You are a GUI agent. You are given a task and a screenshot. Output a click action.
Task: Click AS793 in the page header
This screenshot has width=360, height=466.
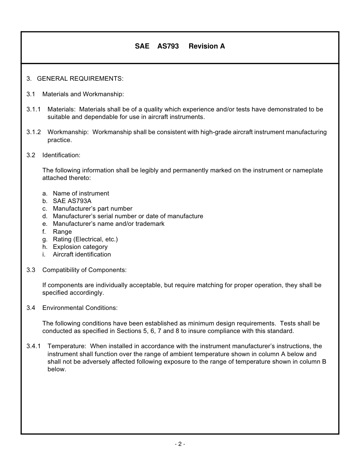tap(168, 46)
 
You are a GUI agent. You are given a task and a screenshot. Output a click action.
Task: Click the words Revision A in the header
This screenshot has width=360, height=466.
tap(207, 46)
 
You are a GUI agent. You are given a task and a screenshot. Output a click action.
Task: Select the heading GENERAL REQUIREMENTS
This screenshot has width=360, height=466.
tap(80, 79)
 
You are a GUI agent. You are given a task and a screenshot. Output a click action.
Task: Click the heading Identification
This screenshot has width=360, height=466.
tap(61, 155)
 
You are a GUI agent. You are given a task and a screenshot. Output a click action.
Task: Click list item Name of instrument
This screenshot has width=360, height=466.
tap(81, 194)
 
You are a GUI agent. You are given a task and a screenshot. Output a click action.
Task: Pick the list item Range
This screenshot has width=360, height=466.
tap(62, 232)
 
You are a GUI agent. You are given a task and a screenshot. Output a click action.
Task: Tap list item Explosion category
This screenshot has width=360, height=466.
tap(80, 247)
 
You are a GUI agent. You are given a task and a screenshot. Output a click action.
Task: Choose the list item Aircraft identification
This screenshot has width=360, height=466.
tap(82, 255)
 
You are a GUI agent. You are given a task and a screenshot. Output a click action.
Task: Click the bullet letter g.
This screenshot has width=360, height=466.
tap(45, 239)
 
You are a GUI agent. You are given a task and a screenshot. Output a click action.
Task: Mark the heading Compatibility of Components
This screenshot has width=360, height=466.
tap(84, 270)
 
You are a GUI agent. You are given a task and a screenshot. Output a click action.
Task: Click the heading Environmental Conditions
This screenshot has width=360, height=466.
tap(80, 308)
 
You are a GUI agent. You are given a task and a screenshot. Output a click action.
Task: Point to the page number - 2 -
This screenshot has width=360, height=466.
tap(180, 444)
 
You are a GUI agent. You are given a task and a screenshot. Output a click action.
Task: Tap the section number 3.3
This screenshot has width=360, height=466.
tap(31, 270)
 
